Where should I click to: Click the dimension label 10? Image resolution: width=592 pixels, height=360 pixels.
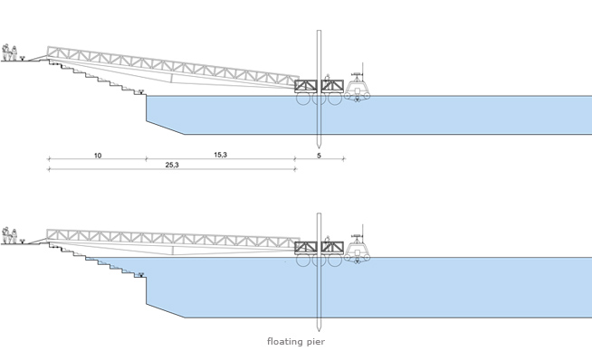(98, 156)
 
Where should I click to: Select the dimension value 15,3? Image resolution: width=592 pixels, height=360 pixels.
(221, 155)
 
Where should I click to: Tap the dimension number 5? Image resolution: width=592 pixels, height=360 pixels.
(319, 156)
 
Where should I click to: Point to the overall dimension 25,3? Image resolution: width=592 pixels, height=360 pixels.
(172, 165)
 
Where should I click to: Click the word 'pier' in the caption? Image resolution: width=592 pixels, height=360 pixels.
(316, 342)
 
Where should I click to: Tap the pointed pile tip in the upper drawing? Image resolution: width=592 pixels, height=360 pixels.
(319, 146)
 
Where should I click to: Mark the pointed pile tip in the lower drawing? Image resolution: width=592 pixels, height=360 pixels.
(319, 329)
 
